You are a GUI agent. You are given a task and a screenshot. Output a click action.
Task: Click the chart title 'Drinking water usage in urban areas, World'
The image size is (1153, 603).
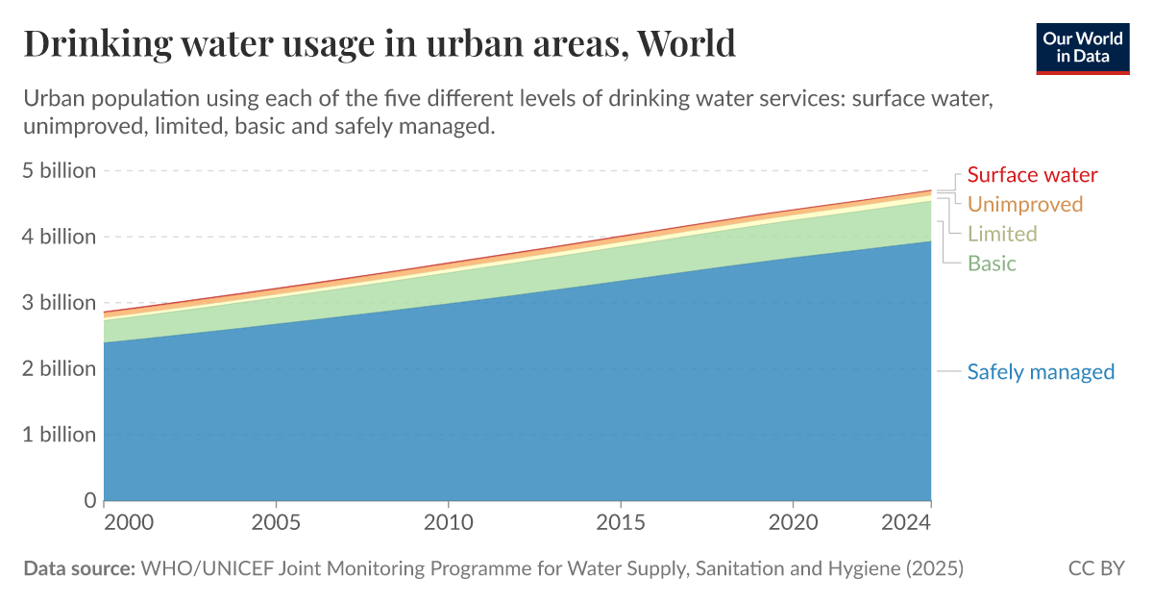click(x=380, y=43)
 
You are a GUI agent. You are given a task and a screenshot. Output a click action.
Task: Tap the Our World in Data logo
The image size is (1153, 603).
click(x=1082, y=46)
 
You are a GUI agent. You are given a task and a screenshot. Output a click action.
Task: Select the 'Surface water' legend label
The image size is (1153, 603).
click(x=1032, y=175)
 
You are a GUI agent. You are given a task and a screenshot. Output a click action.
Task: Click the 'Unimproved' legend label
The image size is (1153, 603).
click(x=1024, y=204)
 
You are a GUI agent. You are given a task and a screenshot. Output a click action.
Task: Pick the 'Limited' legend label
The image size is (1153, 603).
click(x=1002, y=234)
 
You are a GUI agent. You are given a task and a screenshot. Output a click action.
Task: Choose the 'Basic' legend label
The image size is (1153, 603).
click(x=992, y=264)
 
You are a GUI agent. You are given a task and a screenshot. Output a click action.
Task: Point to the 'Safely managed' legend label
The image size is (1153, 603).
click(x=1041, y=372)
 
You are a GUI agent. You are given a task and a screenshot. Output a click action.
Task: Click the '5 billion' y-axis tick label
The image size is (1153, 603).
click(x=60, y=171)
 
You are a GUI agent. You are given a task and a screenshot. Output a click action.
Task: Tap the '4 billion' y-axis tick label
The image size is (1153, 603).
click(x=60, y=237)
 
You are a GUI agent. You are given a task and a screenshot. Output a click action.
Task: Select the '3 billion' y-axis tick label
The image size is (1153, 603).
click(x=60, y=303)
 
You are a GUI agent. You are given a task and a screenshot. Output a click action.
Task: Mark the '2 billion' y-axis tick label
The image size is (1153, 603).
click(x=60, y=368)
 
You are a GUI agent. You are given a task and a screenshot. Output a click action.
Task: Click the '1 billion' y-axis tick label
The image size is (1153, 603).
click(x=60, y=435)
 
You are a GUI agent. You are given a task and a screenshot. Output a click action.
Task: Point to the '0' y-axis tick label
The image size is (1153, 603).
click(x=89, y=500)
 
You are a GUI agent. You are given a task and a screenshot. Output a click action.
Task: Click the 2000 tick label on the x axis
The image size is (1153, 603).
click(x=128, y=523)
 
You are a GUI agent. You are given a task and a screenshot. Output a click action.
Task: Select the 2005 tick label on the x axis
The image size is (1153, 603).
click(x=277, y=523)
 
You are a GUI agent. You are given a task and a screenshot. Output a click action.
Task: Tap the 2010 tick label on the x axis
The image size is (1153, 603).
click(x=449, y=523)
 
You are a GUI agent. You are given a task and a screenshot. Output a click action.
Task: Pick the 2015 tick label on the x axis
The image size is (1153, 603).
click(x=621, y=523)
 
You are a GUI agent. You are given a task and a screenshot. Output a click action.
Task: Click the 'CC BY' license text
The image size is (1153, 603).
click(x=1095, y=568)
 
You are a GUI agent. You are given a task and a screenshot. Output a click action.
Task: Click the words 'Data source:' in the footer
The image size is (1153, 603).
click(x=79, y=568)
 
